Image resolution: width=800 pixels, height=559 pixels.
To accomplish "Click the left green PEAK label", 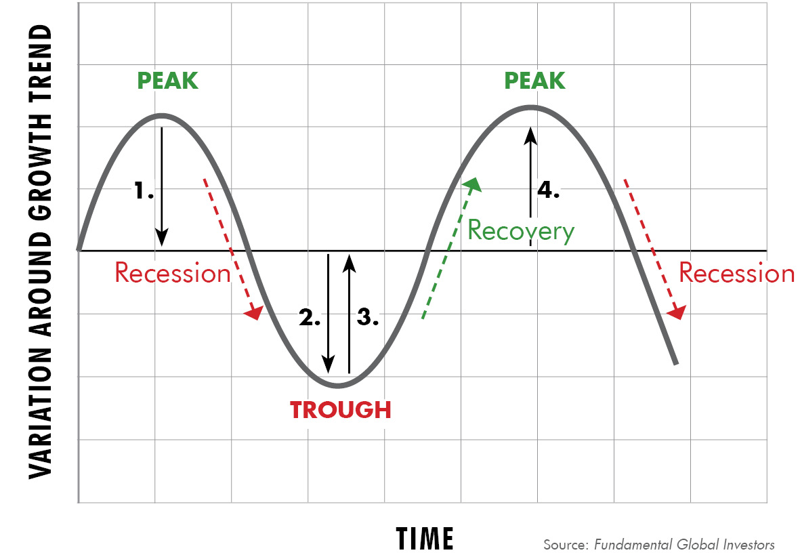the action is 167,81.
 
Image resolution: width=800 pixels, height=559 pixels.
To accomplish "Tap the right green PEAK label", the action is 534,81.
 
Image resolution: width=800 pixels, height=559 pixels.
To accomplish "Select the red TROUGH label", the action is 340,410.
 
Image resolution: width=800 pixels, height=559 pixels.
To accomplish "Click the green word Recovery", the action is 521,231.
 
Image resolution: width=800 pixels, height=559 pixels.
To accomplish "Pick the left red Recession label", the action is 173,272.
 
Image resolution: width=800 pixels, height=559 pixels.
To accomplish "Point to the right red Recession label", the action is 736,272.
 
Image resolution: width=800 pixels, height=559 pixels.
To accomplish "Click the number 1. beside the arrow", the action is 144,190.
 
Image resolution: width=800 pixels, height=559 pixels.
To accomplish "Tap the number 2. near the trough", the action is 310,317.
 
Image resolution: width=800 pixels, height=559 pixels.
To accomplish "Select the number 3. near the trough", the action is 368,317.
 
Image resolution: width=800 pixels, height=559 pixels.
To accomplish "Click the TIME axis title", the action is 425,539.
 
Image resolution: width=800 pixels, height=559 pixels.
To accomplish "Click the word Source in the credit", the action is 566,545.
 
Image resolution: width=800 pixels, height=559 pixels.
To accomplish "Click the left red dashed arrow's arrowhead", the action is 254,312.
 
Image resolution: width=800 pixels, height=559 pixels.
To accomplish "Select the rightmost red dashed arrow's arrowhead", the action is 677,312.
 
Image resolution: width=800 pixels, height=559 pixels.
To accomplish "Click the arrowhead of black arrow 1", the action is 162,237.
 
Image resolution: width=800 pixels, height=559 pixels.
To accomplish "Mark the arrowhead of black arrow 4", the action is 530,136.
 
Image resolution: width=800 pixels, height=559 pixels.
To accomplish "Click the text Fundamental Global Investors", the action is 684,545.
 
